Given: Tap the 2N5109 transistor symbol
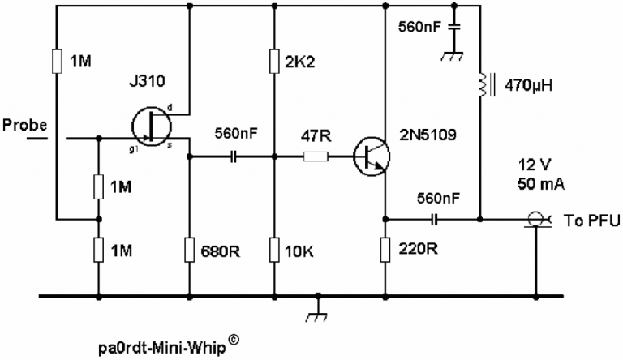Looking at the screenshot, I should pos(372,156).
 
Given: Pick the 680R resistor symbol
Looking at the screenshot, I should pos(189,248).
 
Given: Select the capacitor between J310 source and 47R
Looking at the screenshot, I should pos(235,156).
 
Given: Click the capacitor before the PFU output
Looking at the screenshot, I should pos(436,219).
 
